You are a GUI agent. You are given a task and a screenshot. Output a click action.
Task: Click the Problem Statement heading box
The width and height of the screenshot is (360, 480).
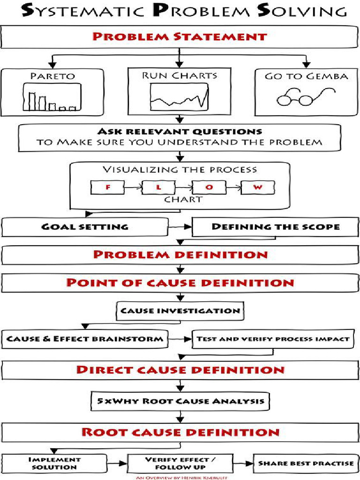180,37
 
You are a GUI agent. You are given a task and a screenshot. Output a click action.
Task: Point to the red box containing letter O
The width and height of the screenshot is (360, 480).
210,187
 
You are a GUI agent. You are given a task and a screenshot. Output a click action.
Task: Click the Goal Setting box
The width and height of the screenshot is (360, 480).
85,227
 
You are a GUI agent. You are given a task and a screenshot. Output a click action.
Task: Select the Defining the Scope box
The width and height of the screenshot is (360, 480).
276,227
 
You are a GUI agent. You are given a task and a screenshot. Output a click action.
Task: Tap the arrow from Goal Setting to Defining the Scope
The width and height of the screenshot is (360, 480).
180,227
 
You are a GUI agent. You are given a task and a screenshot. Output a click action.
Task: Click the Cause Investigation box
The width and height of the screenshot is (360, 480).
180,310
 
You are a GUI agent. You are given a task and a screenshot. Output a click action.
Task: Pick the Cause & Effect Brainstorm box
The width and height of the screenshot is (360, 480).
85,339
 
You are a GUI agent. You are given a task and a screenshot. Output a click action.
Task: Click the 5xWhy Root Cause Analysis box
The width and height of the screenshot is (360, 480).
180,401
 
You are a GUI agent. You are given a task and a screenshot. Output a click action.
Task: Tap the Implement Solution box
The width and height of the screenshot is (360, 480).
55,463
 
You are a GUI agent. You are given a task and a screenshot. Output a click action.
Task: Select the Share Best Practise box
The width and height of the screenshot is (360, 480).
306,463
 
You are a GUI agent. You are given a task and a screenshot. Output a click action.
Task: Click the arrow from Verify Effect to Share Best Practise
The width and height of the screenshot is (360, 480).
243,463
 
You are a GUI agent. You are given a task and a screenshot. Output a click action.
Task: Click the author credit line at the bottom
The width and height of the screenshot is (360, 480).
180,477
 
